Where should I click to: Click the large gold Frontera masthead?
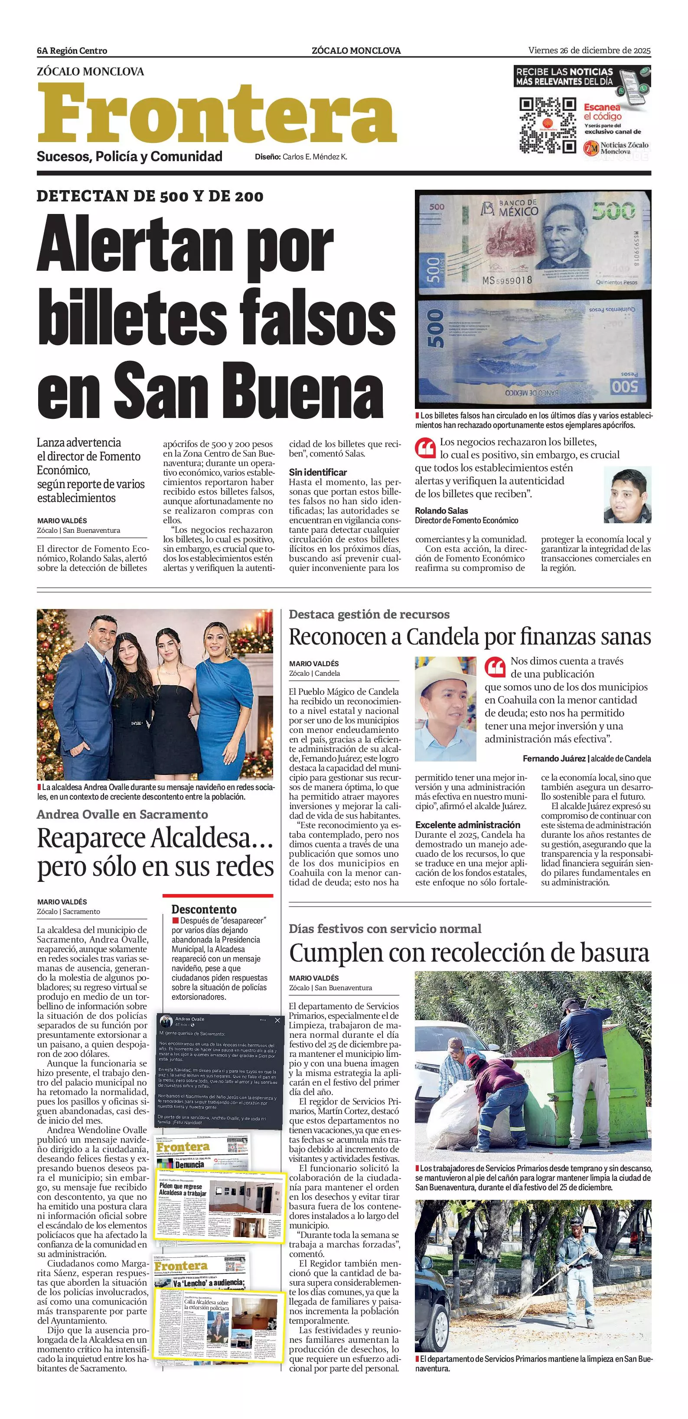[217, 114]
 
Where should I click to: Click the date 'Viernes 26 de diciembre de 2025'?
[589, 51]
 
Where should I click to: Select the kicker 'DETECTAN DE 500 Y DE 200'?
[150, 196]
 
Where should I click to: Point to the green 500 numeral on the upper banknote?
[613, 211]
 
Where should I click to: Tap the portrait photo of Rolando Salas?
[627, 495]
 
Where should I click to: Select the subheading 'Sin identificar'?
[317, 472]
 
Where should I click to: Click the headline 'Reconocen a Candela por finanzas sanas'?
[470, 637]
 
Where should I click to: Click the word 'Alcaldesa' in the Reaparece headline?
[204, 839]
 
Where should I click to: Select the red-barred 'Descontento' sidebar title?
[204, 910]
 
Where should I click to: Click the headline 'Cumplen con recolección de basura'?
[469, 952]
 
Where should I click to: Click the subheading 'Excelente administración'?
[467, 825]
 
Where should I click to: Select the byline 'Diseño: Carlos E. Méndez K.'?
[301, 157]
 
